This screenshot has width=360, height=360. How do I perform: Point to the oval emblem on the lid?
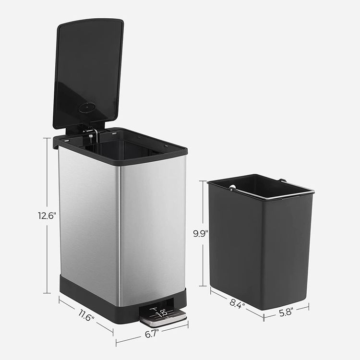click(x=85, y=108)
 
